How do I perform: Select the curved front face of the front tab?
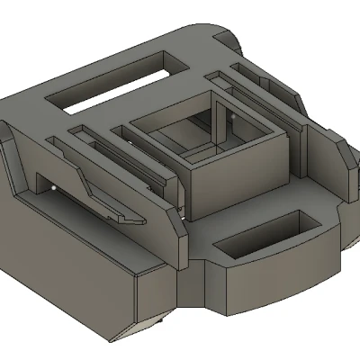click(270, 279)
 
